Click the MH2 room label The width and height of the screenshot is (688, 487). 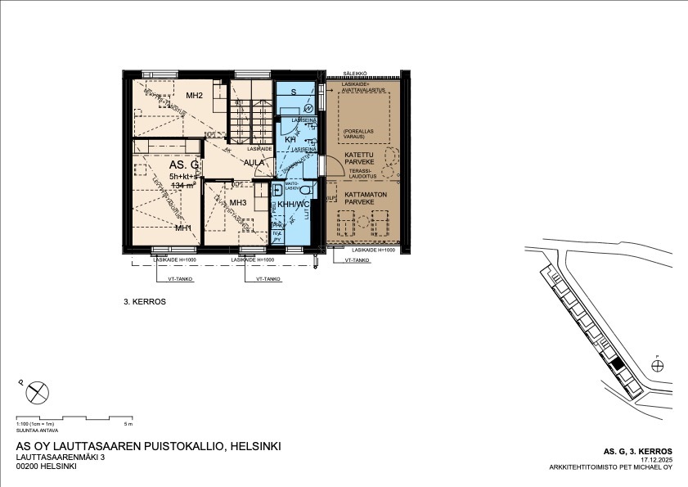pos(194,96)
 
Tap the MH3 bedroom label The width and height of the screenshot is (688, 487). pos(238,203)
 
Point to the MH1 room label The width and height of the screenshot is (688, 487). pos(182,228)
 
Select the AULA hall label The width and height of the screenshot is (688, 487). pos(254,162)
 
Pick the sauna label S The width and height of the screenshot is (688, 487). pos(292,92)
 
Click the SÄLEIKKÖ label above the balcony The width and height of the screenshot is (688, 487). pos(354,73)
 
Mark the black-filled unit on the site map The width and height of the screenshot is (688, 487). pos(616,364)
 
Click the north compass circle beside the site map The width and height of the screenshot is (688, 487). pos(658,365)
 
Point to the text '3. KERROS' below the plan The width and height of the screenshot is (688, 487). pos(145,301)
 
